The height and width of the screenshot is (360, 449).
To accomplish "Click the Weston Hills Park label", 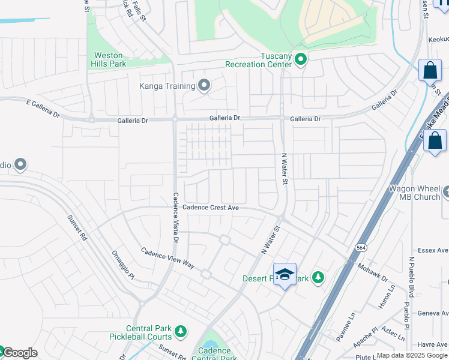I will click(108, 59).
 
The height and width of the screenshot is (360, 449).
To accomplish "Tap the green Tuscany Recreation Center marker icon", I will click(301, 59).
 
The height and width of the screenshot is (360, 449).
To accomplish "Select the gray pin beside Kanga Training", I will click(204, 86).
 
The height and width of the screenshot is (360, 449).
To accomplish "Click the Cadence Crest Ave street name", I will click(211, 208).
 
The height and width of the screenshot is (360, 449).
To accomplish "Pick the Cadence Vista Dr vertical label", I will click(176, 217).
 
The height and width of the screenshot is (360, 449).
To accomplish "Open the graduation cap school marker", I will click(285, 275).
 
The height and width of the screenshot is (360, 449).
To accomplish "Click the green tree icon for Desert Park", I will click(318, 278).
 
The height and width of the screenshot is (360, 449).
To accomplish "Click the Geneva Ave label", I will click(433, 313).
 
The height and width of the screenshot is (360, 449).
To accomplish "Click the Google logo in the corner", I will click(19, 353).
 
